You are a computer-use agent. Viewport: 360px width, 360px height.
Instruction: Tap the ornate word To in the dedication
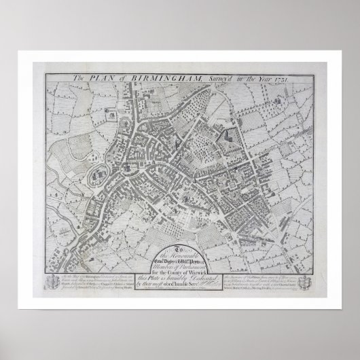tap(179, 230)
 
